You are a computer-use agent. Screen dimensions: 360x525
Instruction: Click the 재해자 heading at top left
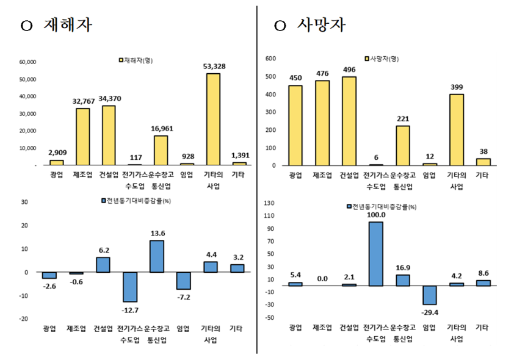click(68, 26)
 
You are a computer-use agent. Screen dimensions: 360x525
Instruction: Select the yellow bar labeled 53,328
click(213, 119)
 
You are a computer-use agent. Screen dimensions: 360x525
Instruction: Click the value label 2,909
click(57, 152)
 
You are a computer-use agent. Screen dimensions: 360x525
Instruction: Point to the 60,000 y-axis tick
click(29, 62)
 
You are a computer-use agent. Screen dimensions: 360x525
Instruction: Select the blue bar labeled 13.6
click(157, 256)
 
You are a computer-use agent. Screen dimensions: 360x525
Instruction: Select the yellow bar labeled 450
click(295, 125)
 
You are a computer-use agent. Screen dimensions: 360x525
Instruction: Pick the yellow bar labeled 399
click(457, 129)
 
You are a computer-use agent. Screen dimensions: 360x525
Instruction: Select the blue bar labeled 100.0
click(376, 254)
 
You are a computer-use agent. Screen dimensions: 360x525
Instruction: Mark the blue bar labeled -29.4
click(430, 295)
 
